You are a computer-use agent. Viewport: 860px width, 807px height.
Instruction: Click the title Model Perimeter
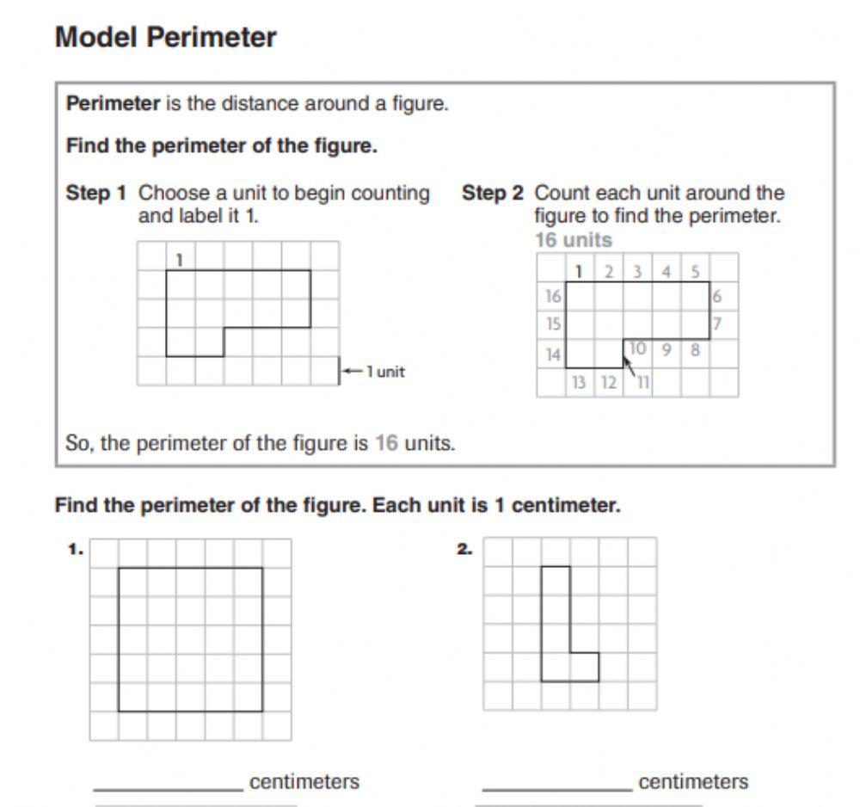click(x=165, y=38)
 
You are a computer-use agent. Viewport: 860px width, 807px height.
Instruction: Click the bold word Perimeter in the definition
click(x=113, y=104)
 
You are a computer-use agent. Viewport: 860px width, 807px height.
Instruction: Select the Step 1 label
click(x=96, y=194)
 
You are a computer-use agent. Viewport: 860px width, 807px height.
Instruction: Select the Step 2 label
click(x=493, y=194)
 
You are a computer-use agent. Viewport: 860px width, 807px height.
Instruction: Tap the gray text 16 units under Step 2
click(x=573, y=240)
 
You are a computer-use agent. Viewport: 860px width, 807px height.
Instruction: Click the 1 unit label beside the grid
click(x=384, y=373)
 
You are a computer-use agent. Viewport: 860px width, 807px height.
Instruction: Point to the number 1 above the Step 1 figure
click(x=180, y=258)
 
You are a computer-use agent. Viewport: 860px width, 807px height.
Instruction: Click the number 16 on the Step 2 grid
click(x=552, y=297)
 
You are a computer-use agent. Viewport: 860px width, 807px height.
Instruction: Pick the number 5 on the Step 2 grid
click(x=694, y=272)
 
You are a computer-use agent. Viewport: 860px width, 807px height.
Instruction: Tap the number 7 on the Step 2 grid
click(x=716, y=324)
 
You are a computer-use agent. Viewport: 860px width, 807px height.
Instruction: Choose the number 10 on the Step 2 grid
click(x=638, y=348)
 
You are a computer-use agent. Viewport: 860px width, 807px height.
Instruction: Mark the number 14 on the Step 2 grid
click(x=552, y=354)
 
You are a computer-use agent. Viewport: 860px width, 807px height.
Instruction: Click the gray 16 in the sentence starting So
click(x=386, y=444)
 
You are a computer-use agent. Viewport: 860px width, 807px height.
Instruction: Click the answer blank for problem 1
click(x=169, y=784)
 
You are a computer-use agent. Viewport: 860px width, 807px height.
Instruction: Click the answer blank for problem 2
click(x=556, y=784)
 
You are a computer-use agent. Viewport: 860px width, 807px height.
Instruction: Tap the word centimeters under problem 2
click(x=693, y=782)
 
